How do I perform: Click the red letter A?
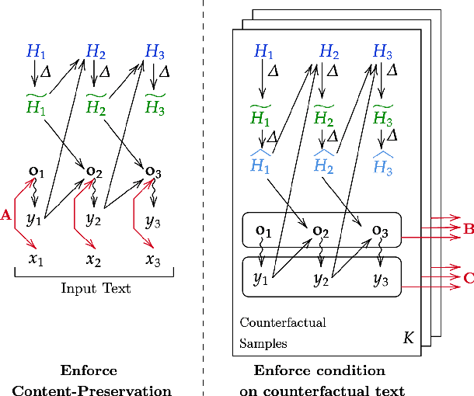[x=6, y=216]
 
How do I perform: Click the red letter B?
[x=468, y=228]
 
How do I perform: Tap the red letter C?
[x=468, y=276]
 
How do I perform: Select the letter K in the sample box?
[x=408, y=338]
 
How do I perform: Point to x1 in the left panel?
[x=36, y=259]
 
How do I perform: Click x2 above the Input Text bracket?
[x=94, y=259]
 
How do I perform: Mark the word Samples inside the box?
[x=263, y=342]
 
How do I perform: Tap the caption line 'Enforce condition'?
[x=319, y=370]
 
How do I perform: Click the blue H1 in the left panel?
[x=36, y=52]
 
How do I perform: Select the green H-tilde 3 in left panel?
[x=155, y=106]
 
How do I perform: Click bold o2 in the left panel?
[x=94, y=170]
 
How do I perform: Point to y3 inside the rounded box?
[x=381, y=278]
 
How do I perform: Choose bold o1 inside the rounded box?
[x=263, y=230]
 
